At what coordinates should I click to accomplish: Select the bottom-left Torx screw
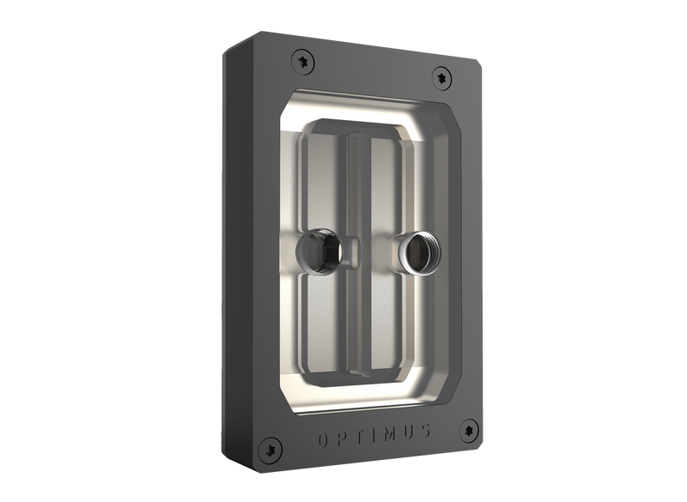(272, 447)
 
